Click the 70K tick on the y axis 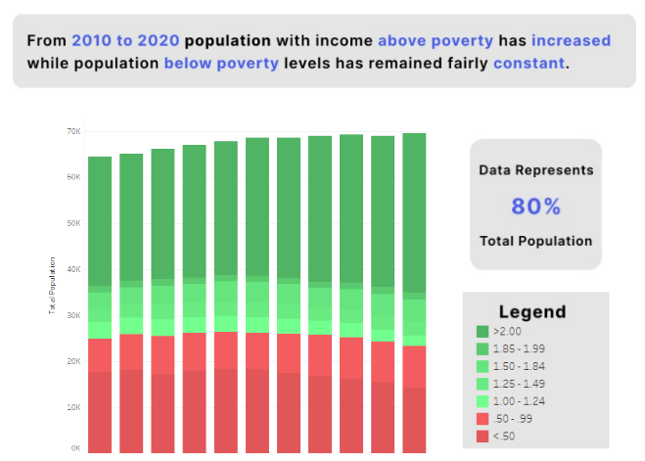[72, 131]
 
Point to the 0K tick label [74, 448]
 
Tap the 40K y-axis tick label [72, 269]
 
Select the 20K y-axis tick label [72, 361]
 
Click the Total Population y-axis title [52, 286]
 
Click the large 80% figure [535, 207]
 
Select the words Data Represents [535, 170]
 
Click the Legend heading [531, 312]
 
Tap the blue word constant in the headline [529, 64]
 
